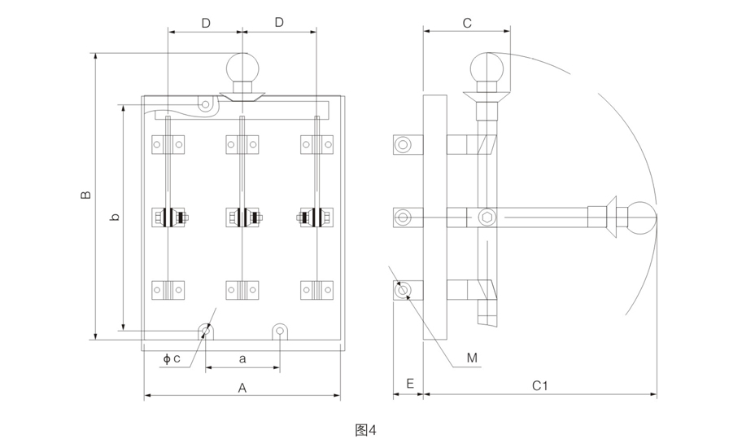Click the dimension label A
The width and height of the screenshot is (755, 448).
tap(242, 388)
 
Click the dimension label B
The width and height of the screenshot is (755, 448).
tap(85, 195)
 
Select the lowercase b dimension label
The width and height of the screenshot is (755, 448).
tap(115, 217)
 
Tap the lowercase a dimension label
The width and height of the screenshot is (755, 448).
tap(242, 358)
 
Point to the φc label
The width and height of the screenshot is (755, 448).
tap(172, 358)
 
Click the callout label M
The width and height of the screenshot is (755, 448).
tap(472, 358)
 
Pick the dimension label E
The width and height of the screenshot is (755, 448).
tap(410, 384)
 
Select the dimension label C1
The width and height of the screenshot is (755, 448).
tap(539, 386)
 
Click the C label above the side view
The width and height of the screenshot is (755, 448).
tap(466, 23)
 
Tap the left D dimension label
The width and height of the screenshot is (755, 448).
tap(206, 23)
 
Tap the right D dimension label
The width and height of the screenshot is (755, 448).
tap(279, 22)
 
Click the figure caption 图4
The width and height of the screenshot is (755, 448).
tap(365, 430)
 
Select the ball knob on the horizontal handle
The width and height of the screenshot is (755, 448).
tap(642, 218)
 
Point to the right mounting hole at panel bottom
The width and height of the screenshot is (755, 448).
tap(280, 332)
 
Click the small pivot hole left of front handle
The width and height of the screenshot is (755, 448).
tap(206, 104)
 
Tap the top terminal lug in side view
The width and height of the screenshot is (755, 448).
tap(408, 145)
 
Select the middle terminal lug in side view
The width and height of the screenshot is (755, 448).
tap(408, 217)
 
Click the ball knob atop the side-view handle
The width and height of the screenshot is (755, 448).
tap(487, 68)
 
